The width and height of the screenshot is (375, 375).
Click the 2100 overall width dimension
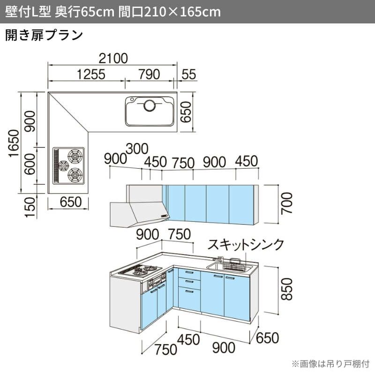(113, 59)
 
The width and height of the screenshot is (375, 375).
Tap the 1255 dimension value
(91, 75)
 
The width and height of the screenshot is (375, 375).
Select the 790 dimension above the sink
(150, 75)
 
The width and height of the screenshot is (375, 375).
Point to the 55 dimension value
(189, 75)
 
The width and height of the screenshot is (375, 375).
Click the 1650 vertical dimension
(14, 143)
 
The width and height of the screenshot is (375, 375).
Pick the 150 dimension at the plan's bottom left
(30, 207)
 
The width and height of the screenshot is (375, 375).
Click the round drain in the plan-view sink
(150, 105)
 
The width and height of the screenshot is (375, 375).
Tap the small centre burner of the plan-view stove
(64, 165)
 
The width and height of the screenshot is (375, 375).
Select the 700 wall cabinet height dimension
(287, 203)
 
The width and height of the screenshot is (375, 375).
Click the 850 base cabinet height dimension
(287, 289)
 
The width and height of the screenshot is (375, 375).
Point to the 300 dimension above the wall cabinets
(137, 149)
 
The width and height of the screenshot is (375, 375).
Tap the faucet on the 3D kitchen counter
(218, 259)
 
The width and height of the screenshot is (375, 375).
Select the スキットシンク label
(246, 244)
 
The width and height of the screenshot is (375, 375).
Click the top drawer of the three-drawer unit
(189, 274)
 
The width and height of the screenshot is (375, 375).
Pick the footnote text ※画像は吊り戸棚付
(331, 364)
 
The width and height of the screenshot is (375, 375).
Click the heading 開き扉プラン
(44, 35)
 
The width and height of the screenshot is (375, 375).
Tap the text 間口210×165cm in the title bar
(170, 12)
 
